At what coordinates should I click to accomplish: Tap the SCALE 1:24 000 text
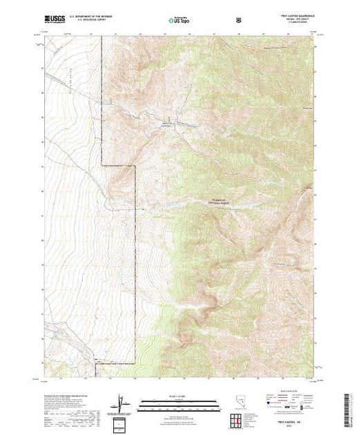point(178,398)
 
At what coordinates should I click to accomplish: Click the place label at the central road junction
point(167,124)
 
